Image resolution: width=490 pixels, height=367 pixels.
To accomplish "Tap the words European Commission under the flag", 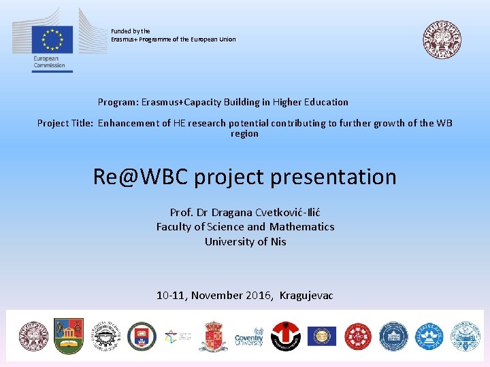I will pos(49,62).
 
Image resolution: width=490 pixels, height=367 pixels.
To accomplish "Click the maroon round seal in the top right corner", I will pos(441,38).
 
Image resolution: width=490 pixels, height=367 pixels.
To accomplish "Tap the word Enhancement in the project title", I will pos(129,123).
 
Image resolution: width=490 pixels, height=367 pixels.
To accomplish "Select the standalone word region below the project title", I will pos(244,134).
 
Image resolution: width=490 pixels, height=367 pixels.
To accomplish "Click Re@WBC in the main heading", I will pos(141,177).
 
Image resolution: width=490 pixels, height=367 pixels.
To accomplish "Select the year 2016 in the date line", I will pos(259,295).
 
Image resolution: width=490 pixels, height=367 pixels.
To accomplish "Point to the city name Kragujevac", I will pos(306,295).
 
